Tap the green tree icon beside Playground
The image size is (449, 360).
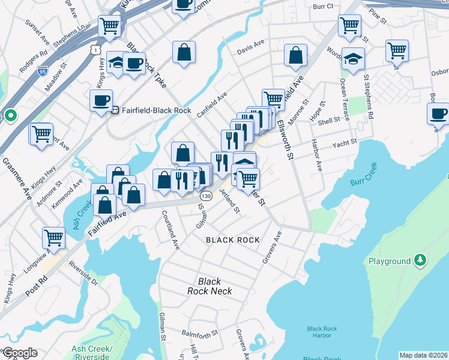tap(421, 260)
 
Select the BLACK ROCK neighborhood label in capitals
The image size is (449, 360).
tap(233, 240)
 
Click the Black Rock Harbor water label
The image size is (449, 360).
tap(322, 332)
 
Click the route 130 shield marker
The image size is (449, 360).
tap(205, 196)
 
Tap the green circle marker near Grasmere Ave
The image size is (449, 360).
tap(10, 115)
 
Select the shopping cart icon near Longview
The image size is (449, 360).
tap(54, 238)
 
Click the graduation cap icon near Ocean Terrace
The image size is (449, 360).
tap(354, 59)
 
